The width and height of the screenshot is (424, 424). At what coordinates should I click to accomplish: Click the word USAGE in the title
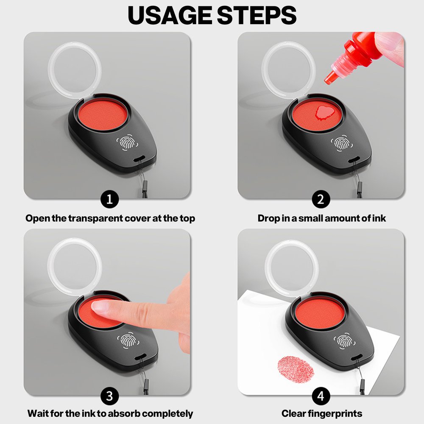point(170,15)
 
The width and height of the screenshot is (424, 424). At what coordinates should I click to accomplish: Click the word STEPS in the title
point(257,15)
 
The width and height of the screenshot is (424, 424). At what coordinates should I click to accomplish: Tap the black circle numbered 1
point(109,200)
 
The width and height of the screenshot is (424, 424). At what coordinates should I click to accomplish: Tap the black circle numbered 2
point(321,200)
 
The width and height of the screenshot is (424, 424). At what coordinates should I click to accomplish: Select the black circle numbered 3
point(109,396)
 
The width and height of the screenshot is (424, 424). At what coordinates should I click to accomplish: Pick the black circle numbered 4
point(321,396)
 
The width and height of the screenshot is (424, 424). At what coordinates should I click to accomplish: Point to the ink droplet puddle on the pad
point(325,112)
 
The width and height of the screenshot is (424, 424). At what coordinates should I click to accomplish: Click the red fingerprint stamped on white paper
point(296,369)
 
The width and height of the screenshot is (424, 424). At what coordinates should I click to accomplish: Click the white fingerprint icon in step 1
point(127,143)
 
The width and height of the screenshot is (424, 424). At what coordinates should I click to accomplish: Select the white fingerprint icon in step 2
point(341,142)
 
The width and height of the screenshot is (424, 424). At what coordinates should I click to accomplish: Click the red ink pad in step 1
point(103,114)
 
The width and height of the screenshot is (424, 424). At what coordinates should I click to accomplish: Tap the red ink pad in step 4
point(320,314)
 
